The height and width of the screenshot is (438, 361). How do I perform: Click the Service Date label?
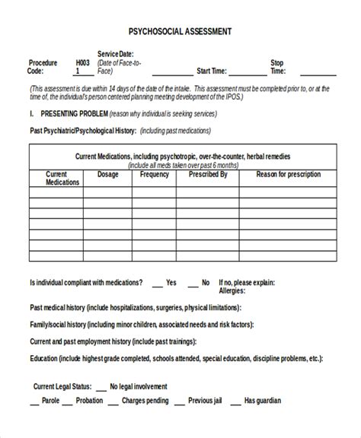coord(115,54)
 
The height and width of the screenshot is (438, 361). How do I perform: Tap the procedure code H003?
coord(82,63)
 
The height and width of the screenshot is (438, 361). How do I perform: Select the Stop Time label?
coord(278,68)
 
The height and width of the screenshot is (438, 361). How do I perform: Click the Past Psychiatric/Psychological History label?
coord(82,131)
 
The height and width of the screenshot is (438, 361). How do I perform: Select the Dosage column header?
coord(108,174)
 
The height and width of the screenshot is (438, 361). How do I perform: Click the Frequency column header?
coord(155,174)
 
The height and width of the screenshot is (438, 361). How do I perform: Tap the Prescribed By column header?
coord(208,174)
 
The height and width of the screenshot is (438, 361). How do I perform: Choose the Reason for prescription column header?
coord(287,174)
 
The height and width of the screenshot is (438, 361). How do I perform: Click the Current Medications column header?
coord(62,179)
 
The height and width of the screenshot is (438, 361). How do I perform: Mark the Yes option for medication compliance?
coord(171,282)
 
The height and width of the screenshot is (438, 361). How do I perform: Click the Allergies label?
coord(232,290)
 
